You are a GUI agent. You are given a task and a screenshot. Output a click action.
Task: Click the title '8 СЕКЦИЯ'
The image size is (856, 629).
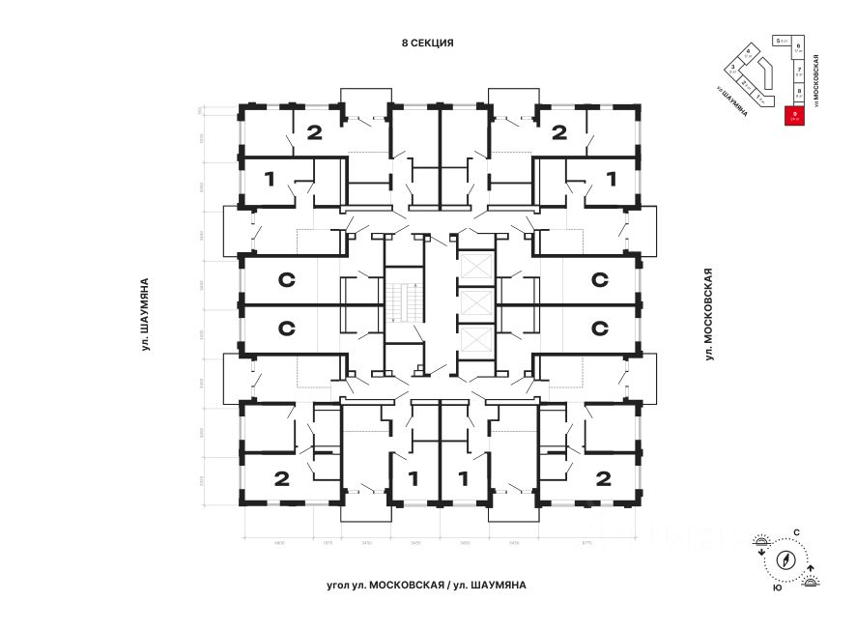427,43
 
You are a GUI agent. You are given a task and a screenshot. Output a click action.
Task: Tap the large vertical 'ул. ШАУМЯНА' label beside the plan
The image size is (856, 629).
144,313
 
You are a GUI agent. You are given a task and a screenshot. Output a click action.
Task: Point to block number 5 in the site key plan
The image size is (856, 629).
779,41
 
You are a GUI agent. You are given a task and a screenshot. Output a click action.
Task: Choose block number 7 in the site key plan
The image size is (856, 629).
799,71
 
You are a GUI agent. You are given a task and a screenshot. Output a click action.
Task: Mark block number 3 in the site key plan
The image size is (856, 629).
733,70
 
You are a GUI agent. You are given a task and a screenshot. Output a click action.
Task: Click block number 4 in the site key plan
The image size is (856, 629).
749,55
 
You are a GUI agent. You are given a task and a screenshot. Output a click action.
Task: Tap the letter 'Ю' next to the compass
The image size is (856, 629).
777,587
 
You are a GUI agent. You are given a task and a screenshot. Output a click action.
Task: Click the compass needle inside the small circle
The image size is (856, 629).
785,560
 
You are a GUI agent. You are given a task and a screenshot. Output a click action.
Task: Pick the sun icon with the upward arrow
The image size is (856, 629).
811,578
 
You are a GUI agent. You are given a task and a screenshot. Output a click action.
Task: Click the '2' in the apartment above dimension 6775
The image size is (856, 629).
603,477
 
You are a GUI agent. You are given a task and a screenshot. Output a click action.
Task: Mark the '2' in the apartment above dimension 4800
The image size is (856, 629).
282,477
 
